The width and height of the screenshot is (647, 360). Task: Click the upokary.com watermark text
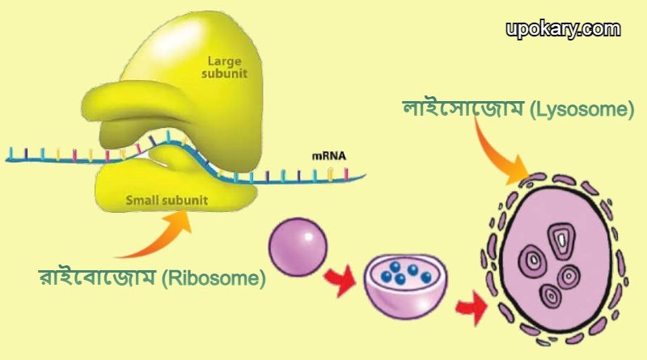[563, 30]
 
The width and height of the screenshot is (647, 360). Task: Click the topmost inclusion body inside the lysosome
[559, 238]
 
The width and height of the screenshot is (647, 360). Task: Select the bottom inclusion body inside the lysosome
[552, 295]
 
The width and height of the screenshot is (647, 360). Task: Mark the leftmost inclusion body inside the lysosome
[531, 260]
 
